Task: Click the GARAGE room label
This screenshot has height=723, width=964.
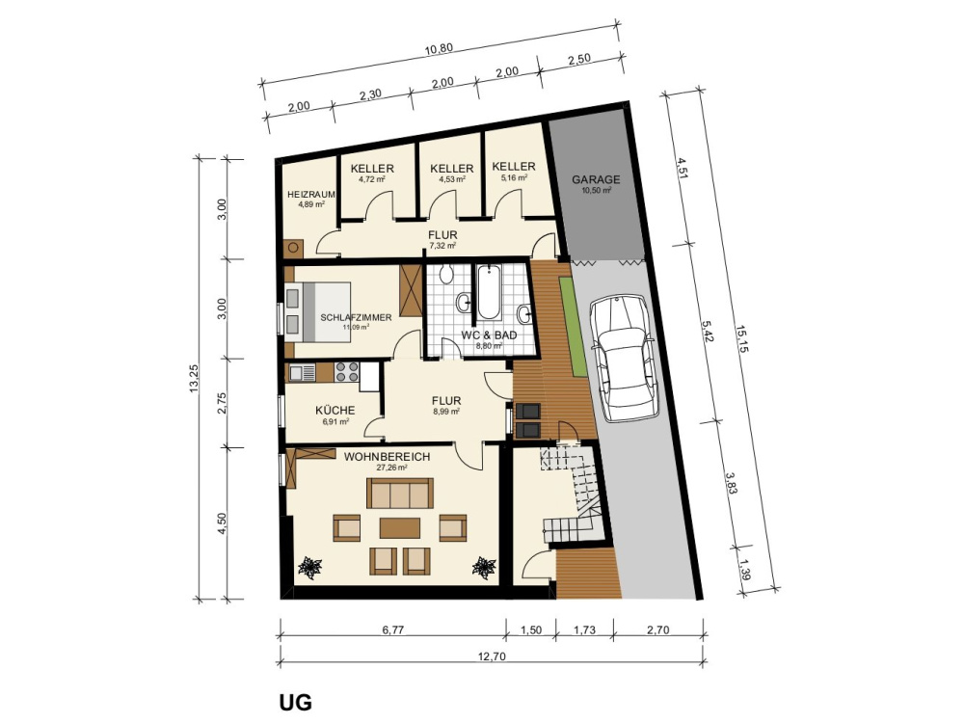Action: (x=596, y=179)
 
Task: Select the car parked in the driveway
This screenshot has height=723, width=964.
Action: (x=624, y=355)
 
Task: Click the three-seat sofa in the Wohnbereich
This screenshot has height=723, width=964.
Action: (x=398, y=494)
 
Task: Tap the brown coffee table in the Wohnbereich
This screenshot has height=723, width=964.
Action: (x=399, y=528)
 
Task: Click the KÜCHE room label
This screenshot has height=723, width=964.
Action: (x=335, y=411)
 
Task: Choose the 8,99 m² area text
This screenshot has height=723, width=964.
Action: (x=445, y=411)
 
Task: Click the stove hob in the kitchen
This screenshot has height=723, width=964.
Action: (x=347, y=369)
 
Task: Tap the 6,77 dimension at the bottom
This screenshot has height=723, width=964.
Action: (x=391, y=630)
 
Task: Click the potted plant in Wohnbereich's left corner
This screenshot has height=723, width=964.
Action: (x=311, y=567)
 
